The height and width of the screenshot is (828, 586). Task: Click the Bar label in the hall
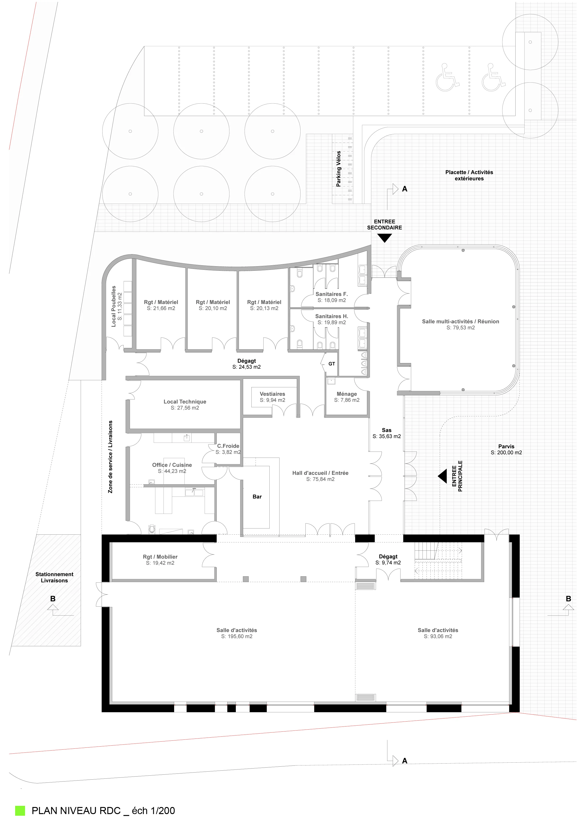coord(257,497)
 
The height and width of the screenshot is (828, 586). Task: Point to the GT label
coord(332,364)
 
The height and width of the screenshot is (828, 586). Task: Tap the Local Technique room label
coord(185,402)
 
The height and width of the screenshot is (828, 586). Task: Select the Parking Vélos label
coord(339,169)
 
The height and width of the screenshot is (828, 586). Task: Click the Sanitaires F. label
coord(332,294)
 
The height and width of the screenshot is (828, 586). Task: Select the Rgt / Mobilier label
coord(160,557)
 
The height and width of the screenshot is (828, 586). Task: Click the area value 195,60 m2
coord(237,637)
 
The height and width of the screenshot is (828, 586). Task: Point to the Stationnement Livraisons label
coord(55,577)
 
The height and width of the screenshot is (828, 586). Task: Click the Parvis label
coord(506,447)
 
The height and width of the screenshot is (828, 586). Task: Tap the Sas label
coord(387,430)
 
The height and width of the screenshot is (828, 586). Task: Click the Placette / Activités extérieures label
coord(469,175)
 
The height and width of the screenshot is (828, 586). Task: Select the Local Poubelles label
coord(114,307)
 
